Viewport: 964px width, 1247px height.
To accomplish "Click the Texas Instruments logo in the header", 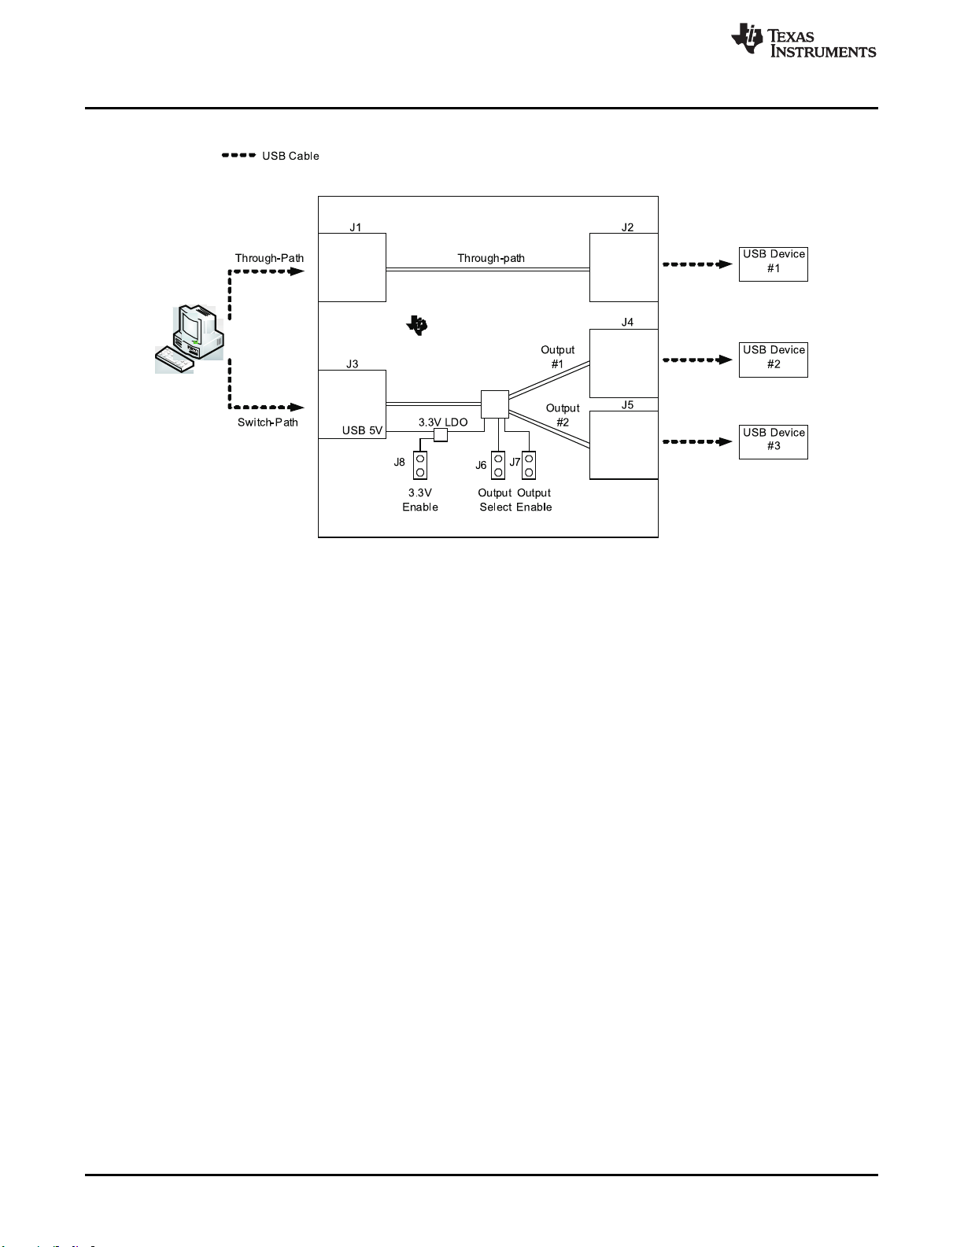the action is [803, 40].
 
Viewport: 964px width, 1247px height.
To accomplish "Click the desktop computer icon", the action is [190, 339].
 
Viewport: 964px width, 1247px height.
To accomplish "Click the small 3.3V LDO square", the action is [440, 435].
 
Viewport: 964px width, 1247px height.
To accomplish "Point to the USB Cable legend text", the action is [290, 156].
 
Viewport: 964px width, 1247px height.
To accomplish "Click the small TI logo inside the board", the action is [417, 325].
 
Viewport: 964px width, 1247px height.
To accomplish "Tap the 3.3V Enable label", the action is [420, 500].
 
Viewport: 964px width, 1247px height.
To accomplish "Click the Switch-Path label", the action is [268, 422].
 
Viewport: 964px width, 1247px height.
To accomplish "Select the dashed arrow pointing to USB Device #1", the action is [697, 264].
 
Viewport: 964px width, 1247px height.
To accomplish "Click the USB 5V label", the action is [362, 430].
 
